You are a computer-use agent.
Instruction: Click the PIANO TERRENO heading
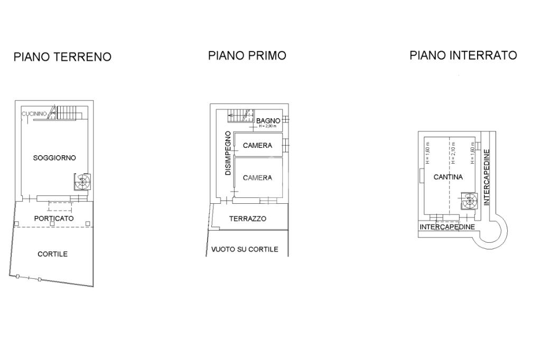tap(62, 57)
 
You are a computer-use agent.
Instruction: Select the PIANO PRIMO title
tap(247, 55)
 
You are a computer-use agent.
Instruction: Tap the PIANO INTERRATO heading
tap(463, 55)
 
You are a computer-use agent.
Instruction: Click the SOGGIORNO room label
tap(54, 158)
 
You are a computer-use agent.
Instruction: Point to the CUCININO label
tap(34, 114)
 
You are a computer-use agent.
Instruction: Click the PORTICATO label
tap(54, 218)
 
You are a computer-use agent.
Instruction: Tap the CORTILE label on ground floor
tap(52, 254)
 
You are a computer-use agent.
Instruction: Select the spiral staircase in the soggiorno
tap(82, 183)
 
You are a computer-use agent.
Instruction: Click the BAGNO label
tap(268, 121)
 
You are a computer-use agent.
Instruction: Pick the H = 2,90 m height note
tap(268, 126)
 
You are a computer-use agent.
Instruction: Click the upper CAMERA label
tap(257, 146)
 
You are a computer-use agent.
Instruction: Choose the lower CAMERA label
tap(257, 178)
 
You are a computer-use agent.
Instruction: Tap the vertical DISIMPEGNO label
tap(228, 153)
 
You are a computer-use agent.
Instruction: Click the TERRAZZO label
tap(247, 219)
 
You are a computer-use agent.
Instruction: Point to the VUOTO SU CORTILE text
tap(245, 249)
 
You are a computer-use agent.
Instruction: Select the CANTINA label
tap(448, 177)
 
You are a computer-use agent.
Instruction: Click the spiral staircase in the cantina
tap(468, 201)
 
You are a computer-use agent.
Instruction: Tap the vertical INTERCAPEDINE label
tap(487, 177)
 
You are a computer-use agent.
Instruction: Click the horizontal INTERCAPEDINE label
tap(447, 227)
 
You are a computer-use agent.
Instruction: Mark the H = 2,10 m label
tap(453, 152)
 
